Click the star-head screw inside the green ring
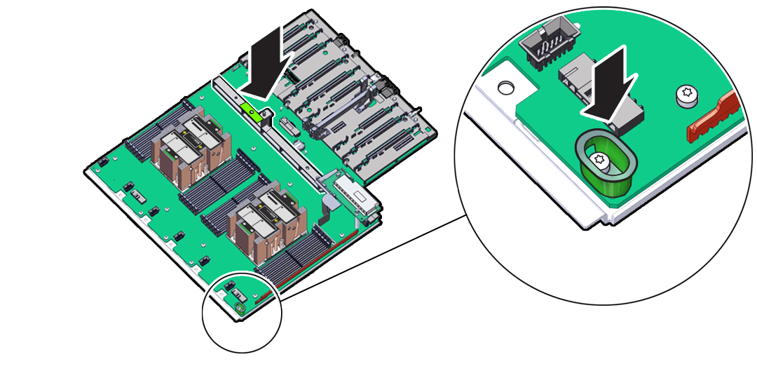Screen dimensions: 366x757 click(x=599, y=159)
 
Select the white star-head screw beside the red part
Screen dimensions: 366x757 click(x=688, y=96)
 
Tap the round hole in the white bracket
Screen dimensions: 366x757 click(x=505, y=88)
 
